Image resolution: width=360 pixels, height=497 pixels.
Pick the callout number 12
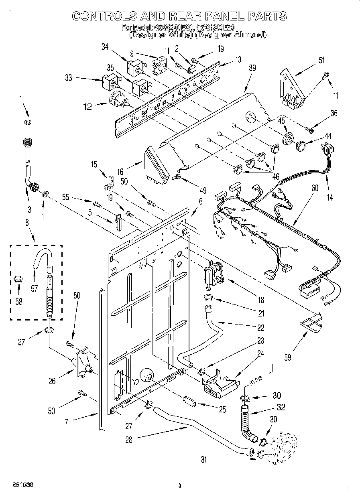click(87, 107)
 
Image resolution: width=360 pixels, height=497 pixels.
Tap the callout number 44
click(328, 137)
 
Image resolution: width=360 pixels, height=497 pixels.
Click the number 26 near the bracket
click(52, 381)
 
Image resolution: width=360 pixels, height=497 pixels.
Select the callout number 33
click(69, 78)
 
